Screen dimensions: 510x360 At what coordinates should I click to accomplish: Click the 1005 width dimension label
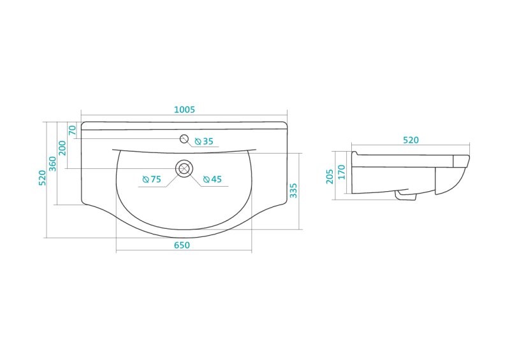184,110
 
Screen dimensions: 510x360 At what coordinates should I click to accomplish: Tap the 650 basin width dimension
182,245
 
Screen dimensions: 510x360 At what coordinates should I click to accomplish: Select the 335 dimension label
293,191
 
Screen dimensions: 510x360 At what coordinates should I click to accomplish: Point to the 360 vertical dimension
52,164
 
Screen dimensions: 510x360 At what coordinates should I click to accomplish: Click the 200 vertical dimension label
62,148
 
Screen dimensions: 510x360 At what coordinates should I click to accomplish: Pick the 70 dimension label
72,130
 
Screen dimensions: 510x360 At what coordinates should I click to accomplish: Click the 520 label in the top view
42,178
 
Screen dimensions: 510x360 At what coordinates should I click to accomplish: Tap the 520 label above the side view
411,140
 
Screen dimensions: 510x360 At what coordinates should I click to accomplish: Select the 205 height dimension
330,176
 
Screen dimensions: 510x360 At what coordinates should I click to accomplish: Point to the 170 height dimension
341,172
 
